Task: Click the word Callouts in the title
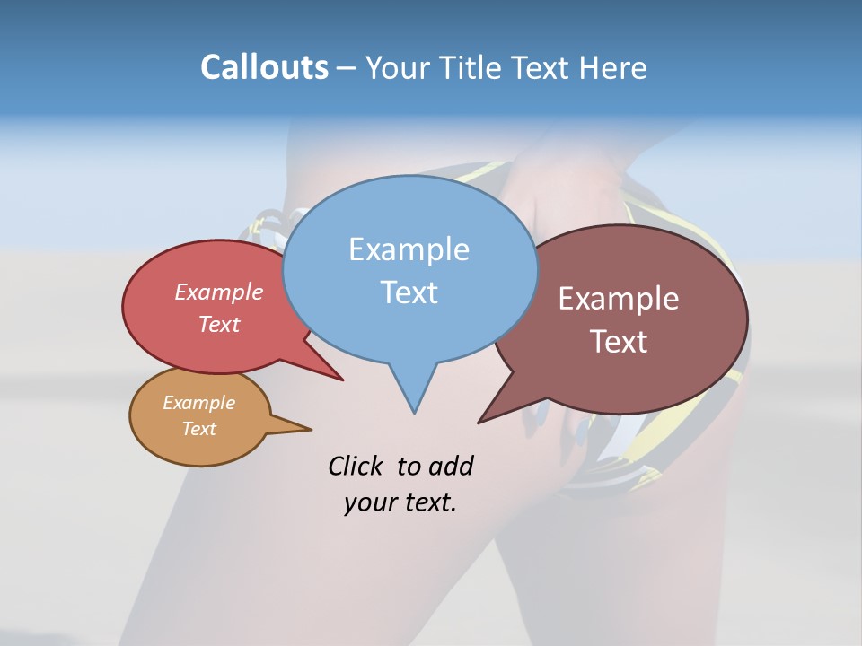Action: point(264,67)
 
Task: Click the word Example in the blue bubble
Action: point(409,249)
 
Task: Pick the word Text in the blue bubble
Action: point(409,292)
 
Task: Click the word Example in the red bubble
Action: point(219,292)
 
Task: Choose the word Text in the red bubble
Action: point(219,324)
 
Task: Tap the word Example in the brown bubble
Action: point(619,299)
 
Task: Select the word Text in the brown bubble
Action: point(619,342)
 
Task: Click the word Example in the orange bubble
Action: point(198,403)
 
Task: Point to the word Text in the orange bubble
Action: point(198,429)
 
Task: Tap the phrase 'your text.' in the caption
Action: point(400,502)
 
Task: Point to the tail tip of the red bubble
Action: point(341,380)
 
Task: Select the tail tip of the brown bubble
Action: point(480,421)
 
